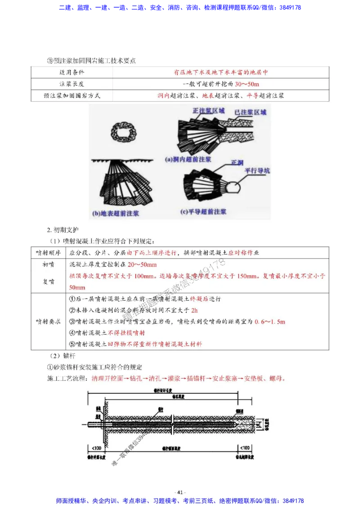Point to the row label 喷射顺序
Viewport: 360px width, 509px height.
point(48,253)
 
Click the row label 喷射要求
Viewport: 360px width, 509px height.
point(48,321)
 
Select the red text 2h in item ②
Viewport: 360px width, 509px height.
point(194,310)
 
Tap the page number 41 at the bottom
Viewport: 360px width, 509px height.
point(180,492)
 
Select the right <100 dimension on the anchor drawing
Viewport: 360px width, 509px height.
point(243,448)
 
